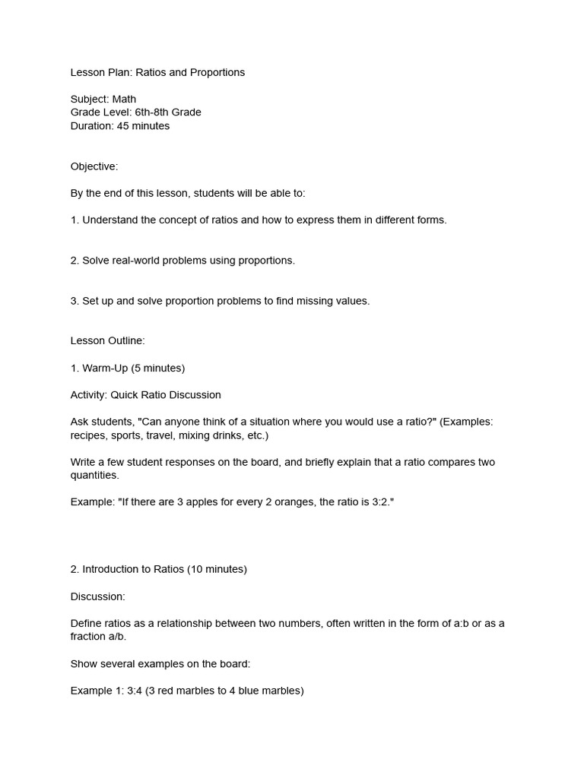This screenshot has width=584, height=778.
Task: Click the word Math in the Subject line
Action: pyautogui.click(x=124, y=99)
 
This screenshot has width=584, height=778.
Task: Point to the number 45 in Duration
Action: pyautogui.click(x=122, y=126)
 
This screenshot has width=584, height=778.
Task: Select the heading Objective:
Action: pyautogui.click(x=94, y=166)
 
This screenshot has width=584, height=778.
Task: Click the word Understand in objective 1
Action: pyautogui.click(x=109, y=220)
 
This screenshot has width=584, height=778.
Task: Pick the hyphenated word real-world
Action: pyautogui.click(x=137, y=261)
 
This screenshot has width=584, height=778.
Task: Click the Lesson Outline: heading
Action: pyautogui.click(x=107, y=341)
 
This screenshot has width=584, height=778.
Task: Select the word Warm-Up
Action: pyautogui.click(x=105, y=368)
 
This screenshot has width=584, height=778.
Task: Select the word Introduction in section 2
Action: pyautogui.click(x=112, y=569)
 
